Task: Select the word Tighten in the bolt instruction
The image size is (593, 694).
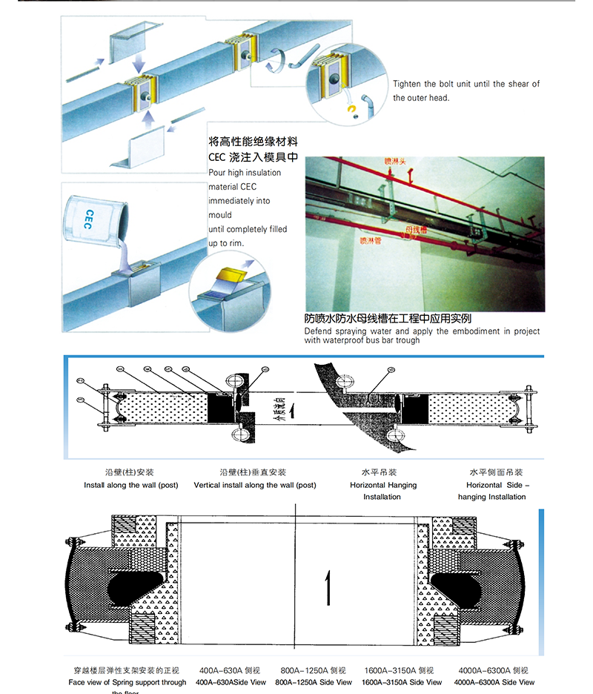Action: pyautogui.click(x=407, y=85)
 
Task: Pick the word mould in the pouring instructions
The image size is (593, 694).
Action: pyautogui.click(x=220, y=215)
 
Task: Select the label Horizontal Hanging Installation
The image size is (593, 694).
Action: pyautogui.click(x=382, y=491)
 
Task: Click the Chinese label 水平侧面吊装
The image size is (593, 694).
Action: pyautogui.click(x=496, y=472)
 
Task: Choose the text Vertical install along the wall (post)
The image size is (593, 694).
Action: pyautogui.click(x=254, y=485)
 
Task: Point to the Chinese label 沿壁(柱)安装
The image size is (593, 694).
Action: pyautogui.click(x=130, y=472)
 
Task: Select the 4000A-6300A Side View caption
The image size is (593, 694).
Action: pyautogui.click(x=494, y=682)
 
